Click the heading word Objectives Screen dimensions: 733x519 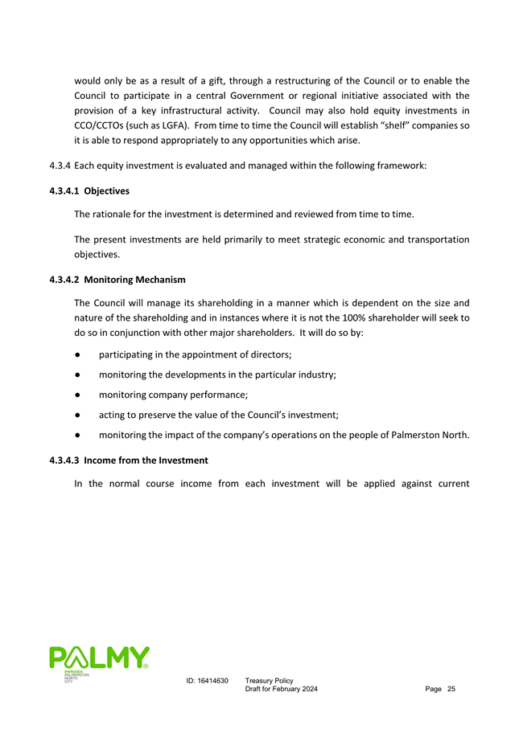click(x=106, y=191)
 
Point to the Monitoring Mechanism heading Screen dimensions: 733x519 click(x=134, y=280)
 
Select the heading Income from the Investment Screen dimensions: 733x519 click(x=146, y=460)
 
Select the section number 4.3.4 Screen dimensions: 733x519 click(x=59, y=166)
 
